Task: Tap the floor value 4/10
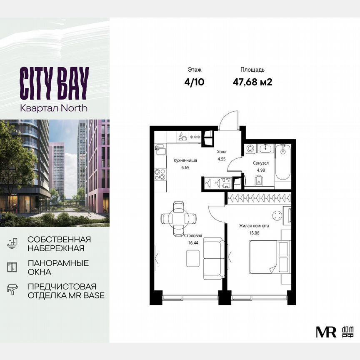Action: [195, 82]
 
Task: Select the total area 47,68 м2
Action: [252, 82]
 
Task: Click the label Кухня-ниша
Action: [185, 160]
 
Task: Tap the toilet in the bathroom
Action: [258, 180]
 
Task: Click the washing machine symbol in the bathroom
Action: [250, 147]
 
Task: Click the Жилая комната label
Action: [254, 226]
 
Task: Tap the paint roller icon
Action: [12, 289]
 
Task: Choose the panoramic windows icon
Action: [12, 267]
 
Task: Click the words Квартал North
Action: [54, 108]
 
